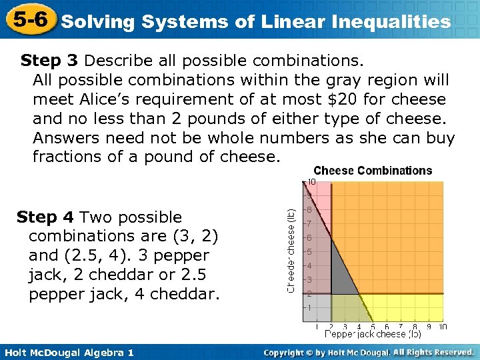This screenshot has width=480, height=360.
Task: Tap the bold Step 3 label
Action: click(x=49, y=61)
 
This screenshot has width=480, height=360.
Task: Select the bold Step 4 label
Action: click(x=45, y=217)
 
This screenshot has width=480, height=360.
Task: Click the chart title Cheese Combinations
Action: click(x=373, y=171)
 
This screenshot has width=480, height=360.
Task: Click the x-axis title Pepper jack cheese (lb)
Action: click(x=373, y=333)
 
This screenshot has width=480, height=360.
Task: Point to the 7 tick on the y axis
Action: click(x=308, y=223)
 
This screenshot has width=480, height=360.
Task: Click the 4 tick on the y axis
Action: click(x=308, y=265)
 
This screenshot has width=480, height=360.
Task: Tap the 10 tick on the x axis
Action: click(x=443, y=327)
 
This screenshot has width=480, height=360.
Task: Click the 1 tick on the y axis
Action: click(x=308, y=308)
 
